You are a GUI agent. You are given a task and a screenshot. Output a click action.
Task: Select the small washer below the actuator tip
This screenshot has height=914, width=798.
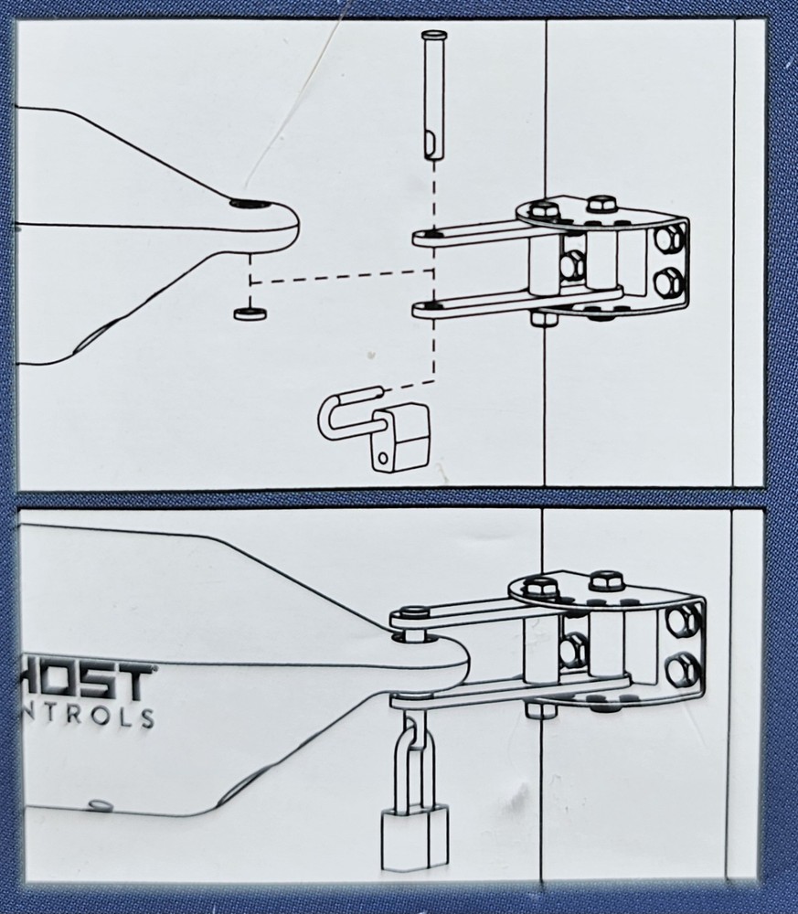click(248, 314)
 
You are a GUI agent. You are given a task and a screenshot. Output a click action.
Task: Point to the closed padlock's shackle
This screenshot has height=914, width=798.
click(413, 759)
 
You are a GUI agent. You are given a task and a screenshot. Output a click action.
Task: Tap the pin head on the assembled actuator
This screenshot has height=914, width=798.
click(410, 613)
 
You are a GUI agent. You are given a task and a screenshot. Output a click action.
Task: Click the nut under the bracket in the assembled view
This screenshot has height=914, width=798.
click(541, 709)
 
